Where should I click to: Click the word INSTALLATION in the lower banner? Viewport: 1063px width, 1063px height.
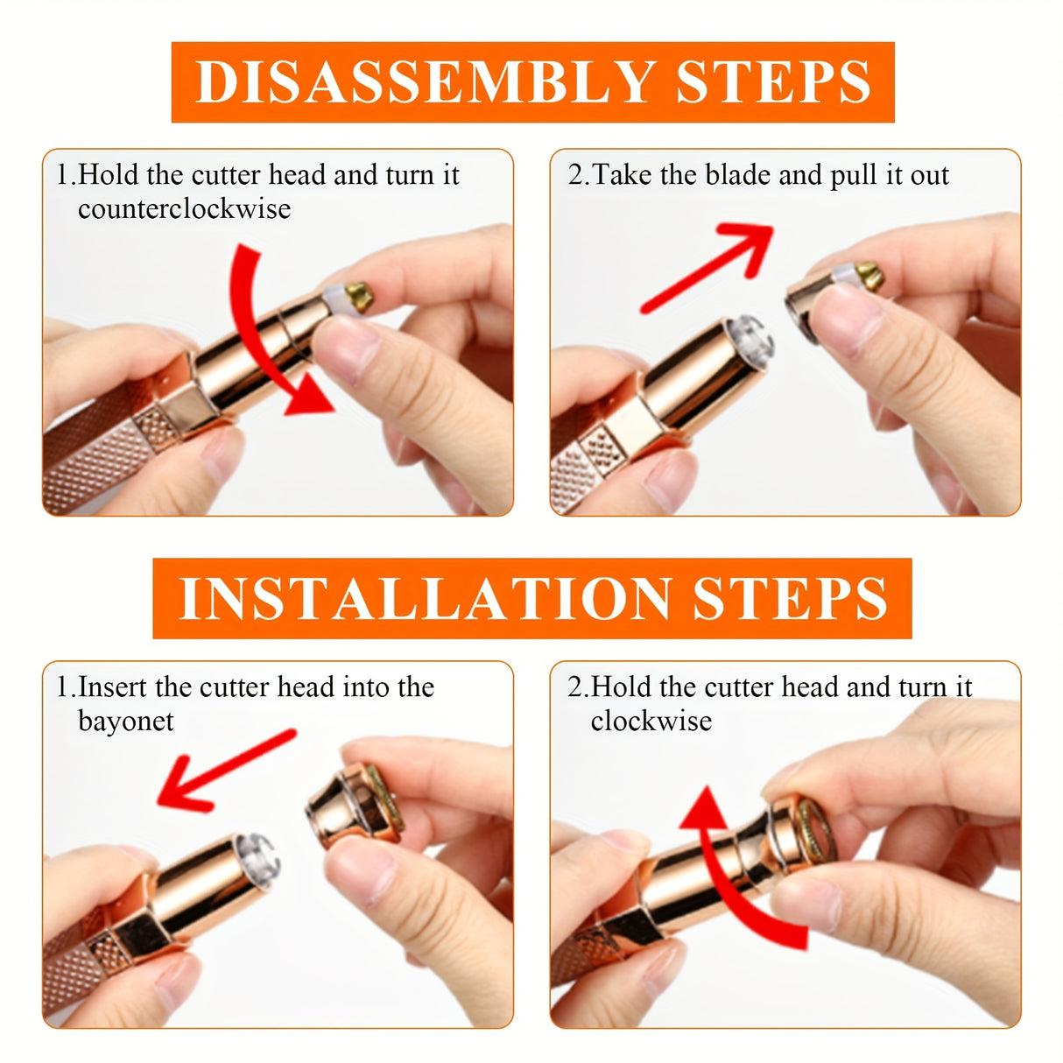click(x=426, y=599)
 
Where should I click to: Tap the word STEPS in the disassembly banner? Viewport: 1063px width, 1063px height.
click(x=772, y=81)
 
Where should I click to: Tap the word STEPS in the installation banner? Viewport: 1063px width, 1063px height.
click(x=789, y=599)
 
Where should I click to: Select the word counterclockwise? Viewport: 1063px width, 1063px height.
click(x=184, y=209)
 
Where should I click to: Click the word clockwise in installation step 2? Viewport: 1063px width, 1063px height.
click(x=651, y=721)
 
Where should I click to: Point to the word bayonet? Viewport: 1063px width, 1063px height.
click(x=126, y=722)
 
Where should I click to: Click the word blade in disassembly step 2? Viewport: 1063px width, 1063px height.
click(x=739, y=175)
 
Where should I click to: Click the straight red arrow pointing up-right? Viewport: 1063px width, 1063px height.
click(x=707, y=268)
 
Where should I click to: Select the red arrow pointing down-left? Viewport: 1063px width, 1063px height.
click(x=226, y=770)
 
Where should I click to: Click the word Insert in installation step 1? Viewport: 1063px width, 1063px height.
click(x=111, y=687)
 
